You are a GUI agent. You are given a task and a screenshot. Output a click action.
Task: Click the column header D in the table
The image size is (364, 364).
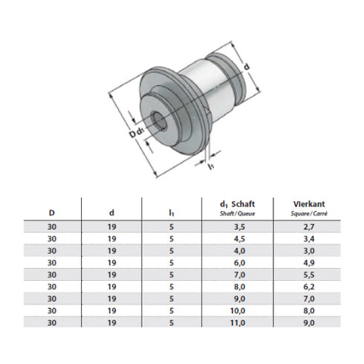tap(51, 213)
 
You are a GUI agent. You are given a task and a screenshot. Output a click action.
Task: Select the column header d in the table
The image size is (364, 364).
tap(111, 213)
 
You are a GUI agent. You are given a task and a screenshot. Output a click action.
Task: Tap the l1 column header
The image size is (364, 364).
tap(172, 213)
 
